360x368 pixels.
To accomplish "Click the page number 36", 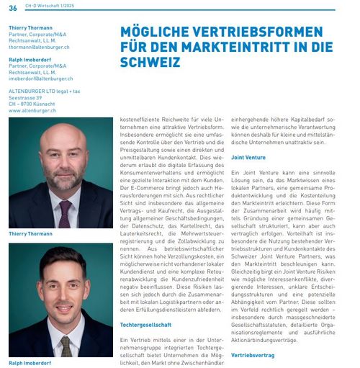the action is pyautogui.click(x=13, y=8).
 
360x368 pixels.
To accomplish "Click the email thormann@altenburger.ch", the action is pyautogui.click(x=40, y=47).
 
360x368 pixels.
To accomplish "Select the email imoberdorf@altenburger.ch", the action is pyautogui.click(x=41, y=78).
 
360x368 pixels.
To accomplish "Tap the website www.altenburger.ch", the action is pyautogui.click(x=33, y=111).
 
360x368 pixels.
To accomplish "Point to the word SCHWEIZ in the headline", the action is pyautogui.click(x=150, y=63).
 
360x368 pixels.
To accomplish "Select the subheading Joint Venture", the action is pyautogui.click(x=248, y=157).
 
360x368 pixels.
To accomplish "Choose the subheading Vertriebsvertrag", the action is pyautogui.click(x=252, y=356).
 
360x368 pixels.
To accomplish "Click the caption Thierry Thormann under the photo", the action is pyautogui.click(x=30, y=234).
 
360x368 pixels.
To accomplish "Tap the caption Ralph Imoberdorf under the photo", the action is pyautogui.click(x=30, y=363).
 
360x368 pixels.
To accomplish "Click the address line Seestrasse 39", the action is pyautogui.click(x=29, y=98).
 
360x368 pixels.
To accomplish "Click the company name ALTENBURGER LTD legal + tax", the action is pyautogui.click(x=45, y=91).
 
